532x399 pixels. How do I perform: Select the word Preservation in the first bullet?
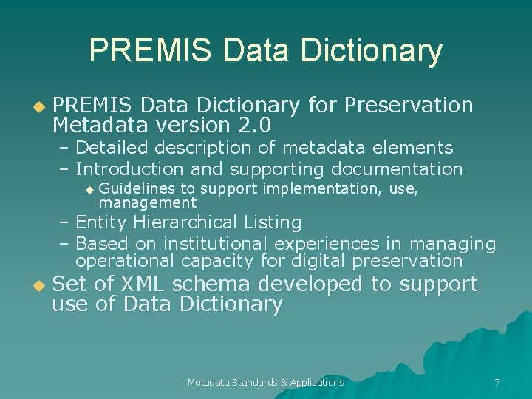click(x=409, y=105)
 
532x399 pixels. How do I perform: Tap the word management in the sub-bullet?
click(x=148, y=202)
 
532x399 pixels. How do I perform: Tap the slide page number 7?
click(x=497, y=382)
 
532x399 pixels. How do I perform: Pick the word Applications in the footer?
click(x=317, y=382)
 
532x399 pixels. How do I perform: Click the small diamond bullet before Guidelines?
click(x=89, y=190)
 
